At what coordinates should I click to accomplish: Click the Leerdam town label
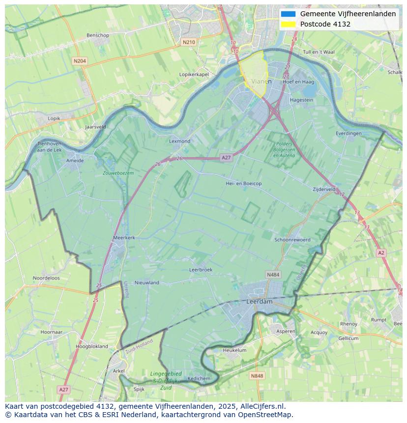coord(259,301)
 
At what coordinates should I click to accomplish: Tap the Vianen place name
coord(261,82)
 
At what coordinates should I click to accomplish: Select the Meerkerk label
coord(124,237)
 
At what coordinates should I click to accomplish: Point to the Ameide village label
coord(75,160)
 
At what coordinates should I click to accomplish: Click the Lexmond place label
coord(179,141)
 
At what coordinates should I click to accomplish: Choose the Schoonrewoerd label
coord(292,240)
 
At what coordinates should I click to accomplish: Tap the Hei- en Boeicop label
coord(243,183)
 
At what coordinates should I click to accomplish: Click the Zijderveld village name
coord(324,189)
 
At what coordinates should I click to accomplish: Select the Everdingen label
coord(349,133)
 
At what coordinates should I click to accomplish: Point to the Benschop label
coord(97,35)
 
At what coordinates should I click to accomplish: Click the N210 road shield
coord(188,42)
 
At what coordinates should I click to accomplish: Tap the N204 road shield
coord(79,61)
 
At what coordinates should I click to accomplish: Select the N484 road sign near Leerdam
coord(273,275)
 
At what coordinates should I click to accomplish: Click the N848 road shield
coord(257,376)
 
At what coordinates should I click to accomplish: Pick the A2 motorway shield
coord(381,253)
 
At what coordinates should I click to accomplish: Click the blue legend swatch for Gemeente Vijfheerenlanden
coord(289,14)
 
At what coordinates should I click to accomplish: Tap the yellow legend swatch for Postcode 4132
coord(289,24)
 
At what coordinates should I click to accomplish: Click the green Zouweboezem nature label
coord(118,173)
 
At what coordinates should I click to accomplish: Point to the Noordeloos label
coord(46,278)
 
